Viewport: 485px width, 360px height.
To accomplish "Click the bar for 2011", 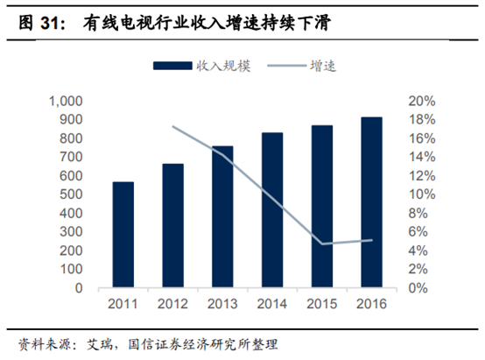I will (x=123, y=235).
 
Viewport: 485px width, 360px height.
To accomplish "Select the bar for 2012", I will (x=173, y=225).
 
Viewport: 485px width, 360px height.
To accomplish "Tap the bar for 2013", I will (x=222, y=216).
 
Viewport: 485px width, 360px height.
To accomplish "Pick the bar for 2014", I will (x=272, y=210).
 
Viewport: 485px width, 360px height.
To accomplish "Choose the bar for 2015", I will (x=322, y=207).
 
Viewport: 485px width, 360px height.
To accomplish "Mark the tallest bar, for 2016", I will (x=371, y=202).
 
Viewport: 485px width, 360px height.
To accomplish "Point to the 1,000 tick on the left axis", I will (x=66, y=101).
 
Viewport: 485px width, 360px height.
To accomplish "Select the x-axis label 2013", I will (x=222, y=304).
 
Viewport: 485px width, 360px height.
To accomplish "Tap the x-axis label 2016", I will (x=371, y=304).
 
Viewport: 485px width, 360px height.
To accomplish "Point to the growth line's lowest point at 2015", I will (x=322, y=244).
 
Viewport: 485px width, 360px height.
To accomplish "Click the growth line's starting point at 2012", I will (x=173, y=127).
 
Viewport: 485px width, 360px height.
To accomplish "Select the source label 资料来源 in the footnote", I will (x=42, y=342).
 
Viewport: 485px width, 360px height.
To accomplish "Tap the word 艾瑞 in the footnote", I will (x=100, y=342).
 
